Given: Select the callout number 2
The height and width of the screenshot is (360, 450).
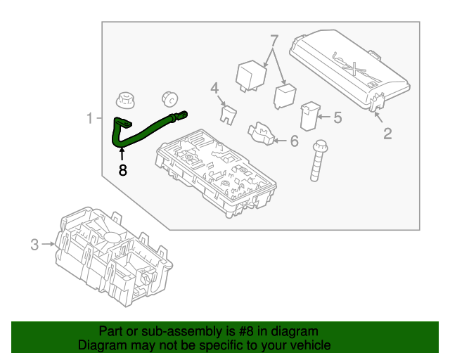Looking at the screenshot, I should point(387,133).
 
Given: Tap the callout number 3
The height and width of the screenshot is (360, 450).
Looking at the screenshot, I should point(34,245).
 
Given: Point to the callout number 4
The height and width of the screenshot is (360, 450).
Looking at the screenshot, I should point(215,88).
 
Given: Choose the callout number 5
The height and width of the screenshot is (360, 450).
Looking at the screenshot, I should point(337,117).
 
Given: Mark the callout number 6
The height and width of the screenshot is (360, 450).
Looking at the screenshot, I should point(294,141).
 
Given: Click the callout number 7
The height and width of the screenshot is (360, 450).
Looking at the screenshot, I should point(274,40).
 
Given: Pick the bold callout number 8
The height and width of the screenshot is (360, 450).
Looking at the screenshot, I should point(122,169).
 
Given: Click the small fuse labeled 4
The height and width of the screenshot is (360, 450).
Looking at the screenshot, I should point(228,114).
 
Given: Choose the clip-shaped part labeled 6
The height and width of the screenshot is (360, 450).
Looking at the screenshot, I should point(259,133).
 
